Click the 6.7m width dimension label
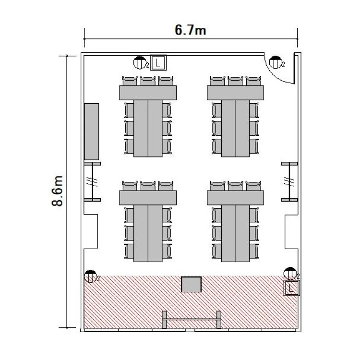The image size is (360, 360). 191,30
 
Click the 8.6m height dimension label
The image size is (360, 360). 57,191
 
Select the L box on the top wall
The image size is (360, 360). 158,62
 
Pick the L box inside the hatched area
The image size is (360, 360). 291,288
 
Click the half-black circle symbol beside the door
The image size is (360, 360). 276,62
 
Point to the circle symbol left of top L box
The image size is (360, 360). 140,62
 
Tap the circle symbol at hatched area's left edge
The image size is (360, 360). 90,276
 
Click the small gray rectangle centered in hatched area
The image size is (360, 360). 191,285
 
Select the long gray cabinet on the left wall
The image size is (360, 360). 92,132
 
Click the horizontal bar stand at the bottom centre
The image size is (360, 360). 192,319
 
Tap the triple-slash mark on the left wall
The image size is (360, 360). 92,181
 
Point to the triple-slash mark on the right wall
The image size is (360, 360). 289,181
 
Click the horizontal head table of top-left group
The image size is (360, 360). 148,93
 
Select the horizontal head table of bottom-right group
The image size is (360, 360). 235,198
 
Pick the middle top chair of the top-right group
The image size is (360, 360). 235,81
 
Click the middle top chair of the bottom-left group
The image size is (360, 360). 148,186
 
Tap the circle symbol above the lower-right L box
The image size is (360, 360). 290,274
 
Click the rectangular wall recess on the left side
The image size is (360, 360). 91,232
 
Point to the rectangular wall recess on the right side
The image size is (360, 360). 291,232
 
